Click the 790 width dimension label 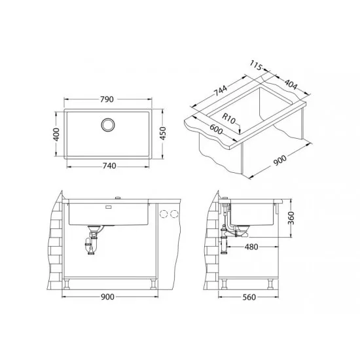coord(107,99)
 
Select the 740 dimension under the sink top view coord(109,166)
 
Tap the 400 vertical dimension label coord(56,134)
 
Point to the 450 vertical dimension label coord(162,133)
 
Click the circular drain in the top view coord(108,125)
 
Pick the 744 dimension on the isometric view coord(221,90)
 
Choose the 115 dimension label coord(256,65)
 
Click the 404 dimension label coord(291,84)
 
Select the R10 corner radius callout coord(229,118)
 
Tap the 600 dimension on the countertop coord(216,129)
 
